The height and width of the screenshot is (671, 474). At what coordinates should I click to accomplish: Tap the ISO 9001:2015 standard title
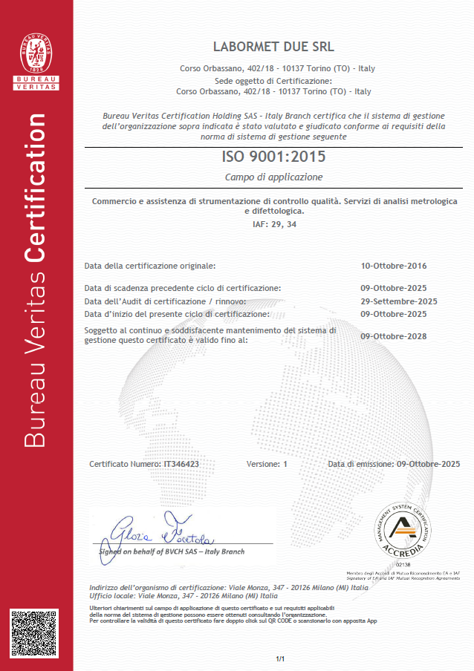(x=273, y=157)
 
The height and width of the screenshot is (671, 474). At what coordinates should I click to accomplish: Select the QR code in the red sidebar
(x=34, y=633)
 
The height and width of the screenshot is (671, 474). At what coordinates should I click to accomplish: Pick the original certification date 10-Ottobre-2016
(x=394, y=266)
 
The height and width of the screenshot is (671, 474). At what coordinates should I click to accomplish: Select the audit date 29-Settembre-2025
(x=398, y=301)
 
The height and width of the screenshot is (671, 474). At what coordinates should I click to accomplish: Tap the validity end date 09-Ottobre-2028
(x=394, y=336)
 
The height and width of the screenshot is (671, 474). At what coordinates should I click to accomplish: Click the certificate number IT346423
(x=181, y=464)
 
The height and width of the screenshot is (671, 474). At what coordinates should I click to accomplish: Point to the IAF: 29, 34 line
(x=274, y=224)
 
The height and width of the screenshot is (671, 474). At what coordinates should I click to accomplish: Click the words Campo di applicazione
(x=273, y=177)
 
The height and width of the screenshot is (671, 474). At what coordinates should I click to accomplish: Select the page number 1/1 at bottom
(x=280, y=659)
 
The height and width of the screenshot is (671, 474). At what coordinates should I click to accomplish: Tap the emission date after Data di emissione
(x=429, y=464)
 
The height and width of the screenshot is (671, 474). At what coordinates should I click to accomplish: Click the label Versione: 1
(x=266, y=464)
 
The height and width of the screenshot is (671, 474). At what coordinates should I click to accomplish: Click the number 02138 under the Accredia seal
(x=403, y=565)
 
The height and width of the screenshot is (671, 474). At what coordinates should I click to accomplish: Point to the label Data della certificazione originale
(x=150, y=266)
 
